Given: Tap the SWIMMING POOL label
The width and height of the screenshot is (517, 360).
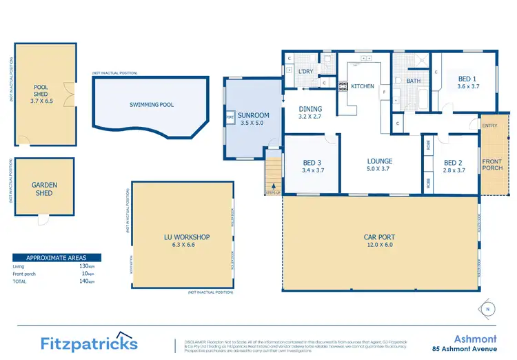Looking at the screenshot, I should (x=152, y=105).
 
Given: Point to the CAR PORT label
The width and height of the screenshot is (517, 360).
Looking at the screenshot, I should (x=379, y=238).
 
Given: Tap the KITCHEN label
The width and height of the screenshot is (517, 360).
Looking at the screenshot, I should (x=363, y=86).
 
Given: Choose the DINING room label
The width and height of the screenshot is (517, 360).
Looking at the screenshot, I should (x=310, y=109).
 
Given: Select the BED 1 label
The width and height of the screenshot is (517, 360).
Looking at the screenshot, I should (x=467, y=79).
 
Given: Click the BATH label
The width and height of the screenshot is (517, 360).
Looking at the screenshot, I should (x=414, y=81).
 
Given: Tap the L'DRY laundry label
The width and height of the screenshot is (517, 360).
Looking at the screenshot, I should (x=306, y=71).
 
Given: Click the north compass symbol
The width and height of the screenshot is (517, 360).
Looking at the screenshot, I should (x=487, y=308).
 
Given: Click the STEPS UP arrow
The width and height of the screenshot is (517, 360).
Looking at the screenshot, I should (x=274, y=186).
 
